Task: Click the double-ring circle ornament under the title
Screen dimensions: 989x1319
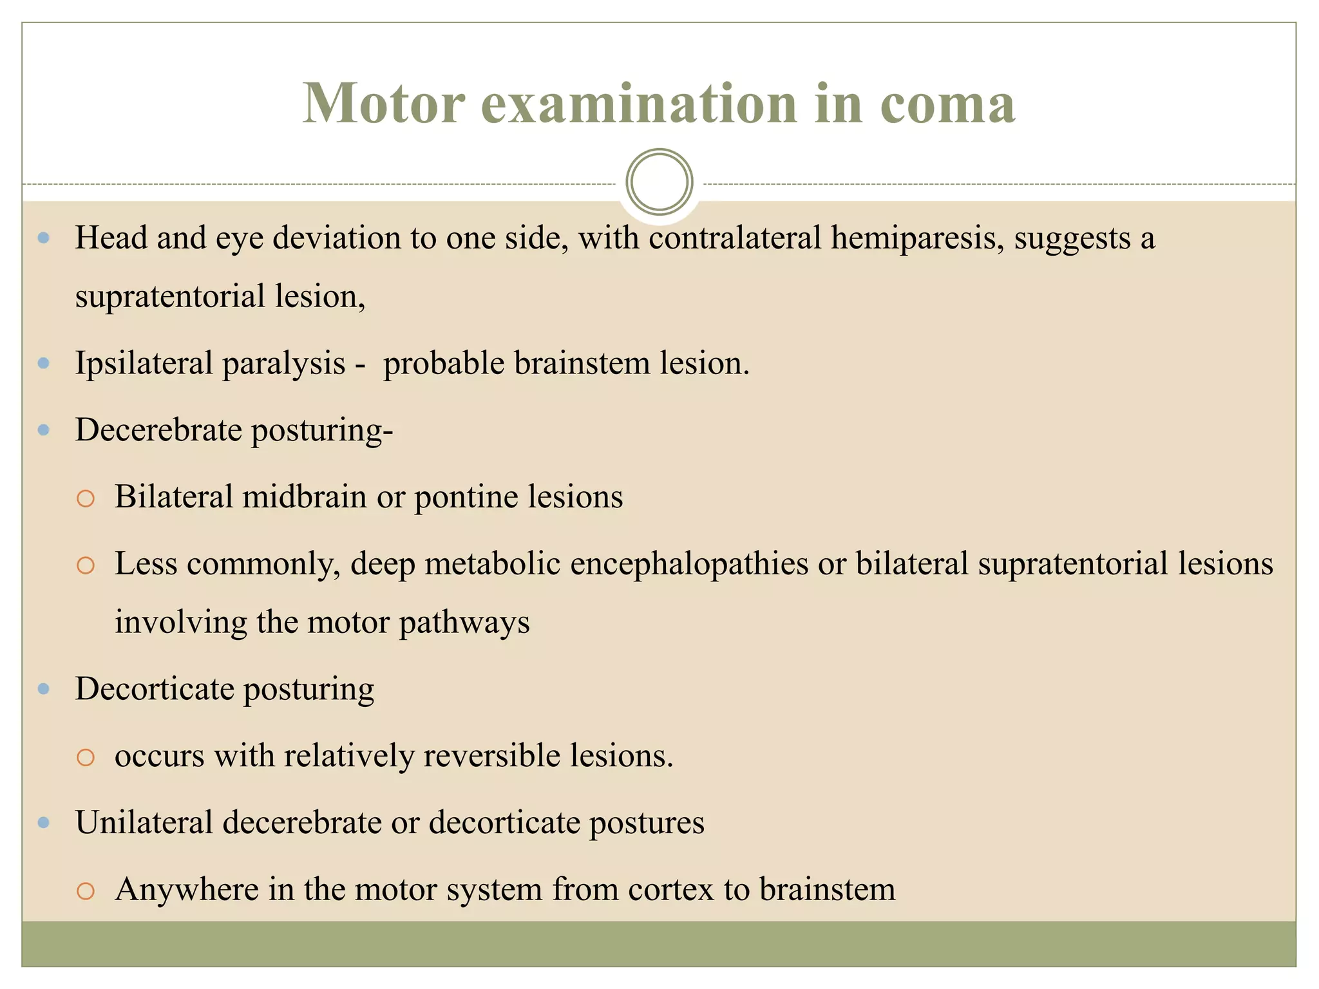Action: point(659,182)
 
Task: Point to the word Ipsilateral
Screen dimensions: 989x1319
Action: point(144,363)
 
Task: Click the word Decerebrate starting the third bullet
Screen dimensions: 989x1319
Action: point(158,429)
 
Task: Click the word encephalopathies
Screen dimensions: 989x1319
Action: point(616,563)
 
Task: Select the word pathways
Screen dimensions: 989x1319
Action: point(464,622)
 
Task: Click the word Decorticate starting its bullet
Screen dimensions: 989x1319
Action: point(155,688)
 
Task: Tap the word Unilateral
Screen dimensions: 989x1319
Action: point(144,822)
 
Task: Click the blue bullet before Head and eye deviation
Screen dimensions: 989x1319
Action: point(44,238)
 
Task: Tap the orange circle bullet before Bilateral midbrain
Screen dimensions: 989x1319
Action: point(86,498)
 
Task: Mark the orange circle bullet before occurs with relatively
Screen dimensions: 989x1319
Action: point(86,757)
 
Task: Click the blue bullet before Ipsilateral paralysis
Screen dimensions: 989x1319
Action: point(44,363)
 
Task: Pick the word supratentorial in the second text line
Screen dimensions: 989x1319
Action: point(170,296)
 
